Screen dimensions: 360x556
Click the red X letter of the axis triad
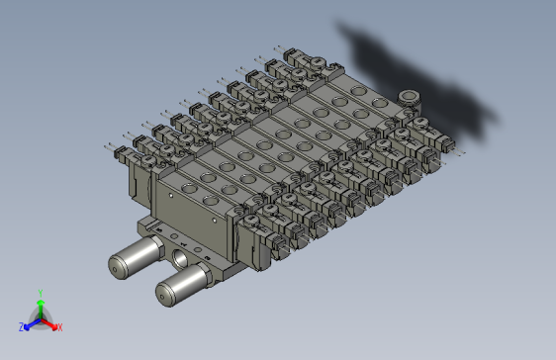59,326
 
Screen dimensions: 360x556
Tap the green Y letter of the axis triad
40,292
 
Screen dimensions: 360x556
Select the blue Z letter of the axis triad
21,326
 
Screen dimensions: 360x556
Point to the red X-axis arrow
50,322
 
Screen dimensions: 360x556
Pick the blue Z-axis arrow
30,322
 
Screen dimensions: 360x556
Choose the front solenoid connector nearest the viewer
279,242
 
